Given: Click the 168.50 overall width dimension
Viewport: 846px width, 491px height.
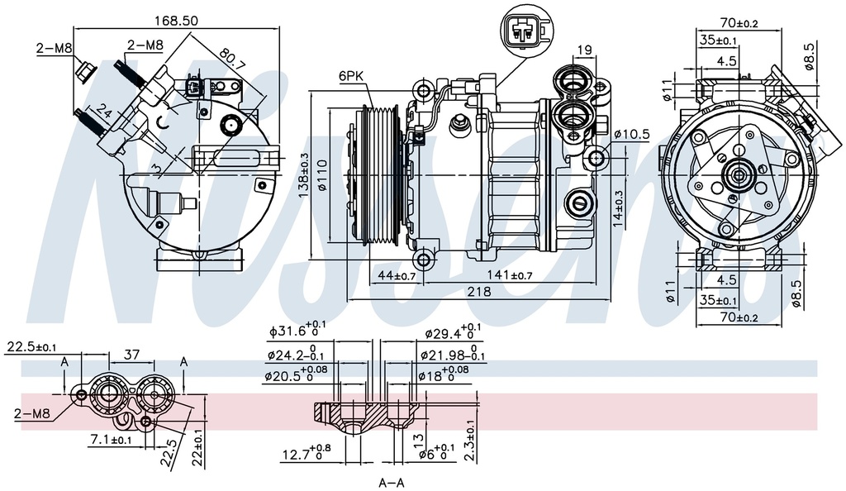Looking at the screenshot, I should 177,21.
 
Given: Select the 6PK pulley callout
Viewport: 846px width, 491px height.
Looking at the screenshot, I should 351,76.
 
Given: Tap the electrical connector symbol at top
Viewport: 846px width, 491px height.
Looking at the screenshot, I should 521,32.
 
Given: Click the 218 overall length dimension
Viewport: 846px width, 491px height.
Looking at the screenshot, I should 479,292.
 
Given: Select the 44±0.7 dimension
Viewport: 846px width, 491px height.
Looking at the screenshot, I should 396,275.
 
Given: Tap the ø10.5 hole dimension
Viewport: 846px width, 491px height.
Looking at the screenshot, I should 633,134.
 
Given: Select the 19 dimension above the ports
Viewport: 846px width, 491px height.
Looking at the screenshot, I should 584,51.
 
